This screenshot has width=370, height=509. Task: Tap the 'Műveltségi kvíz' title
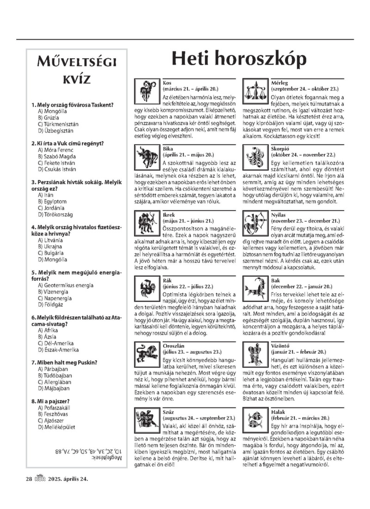(77, 70)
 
